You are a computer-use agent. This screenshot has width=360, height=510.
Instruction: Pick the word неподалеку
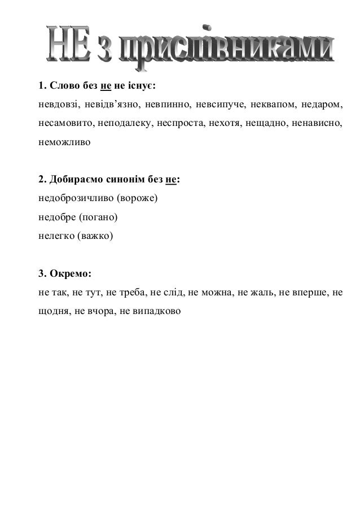(124, 123)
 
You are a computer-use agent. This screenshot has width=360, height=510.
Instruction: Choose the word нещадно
(262, 123)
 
